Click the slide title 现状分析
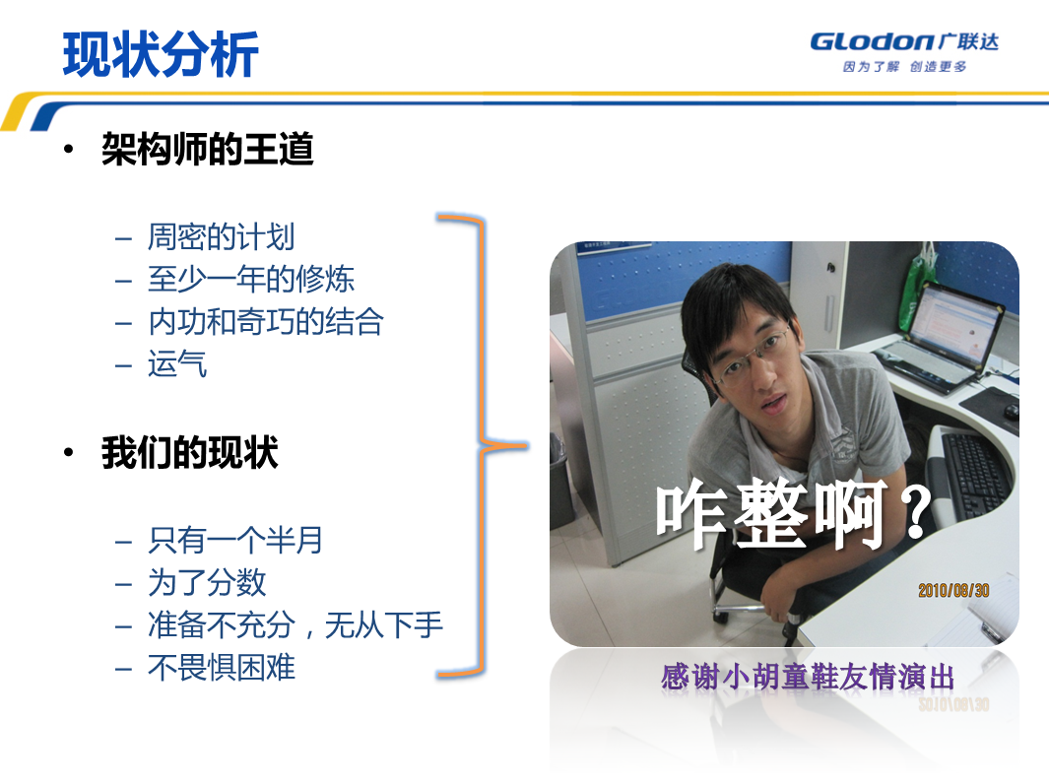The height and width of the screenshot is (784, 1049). [161, 54]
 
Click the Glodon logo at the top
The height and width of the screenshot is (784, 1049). [904, 42]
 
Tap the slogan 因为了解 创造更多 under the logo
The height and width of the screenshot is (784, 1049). [904, 66]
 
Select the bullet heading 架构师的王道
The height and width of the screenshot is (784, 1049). [208, 149]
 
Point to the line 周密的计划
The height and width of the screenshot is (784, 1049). [221, 236]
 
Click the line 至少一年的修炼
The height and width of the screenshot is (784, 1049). [251, 279]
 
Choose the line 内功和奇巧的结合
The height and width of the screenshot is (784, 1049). [266, 322]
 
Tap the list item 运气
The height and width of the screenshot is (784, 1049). [177, 363]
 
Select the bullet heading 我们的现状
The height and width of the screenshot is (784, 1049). [189, 452]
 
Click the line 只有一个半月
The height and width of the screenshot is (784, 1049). [235, 540]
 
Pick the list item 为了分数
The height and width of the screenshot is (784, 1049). [207, 582]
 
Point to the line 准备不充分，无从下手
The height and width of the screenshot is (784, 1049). [295, 624]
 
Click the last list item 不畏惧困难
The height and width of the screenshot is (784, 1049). [222, 668]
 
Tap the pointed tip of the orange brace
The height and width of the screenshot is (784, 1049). [527, 445]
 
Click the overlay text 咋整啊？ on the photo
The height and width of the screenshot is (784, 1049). [794, 514]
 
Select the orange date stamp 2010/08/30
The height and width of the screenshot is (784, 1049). [953, 590]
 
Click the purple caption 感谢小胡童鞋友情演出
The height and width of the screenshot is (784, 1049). [808, 677]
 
